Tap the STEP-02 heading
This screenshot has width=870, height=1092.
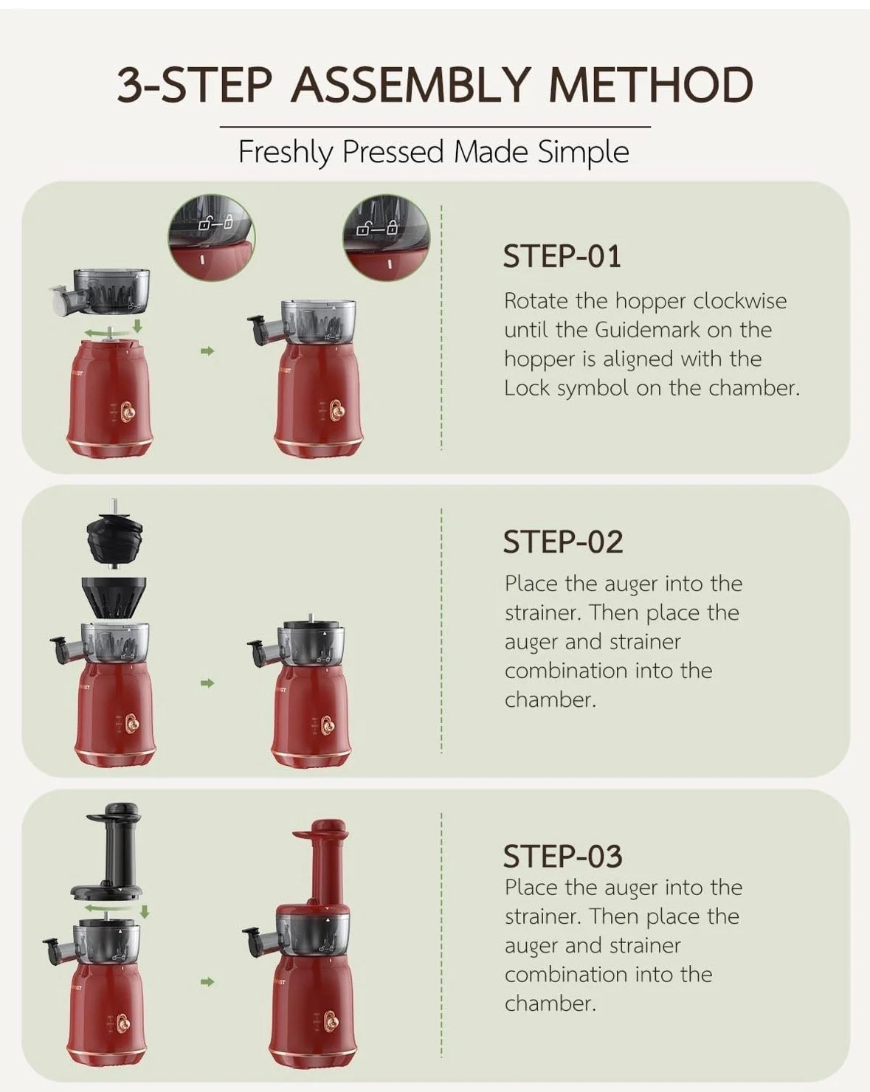[x=562, y=542]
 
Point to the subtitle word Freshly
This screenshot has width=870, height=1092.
[x=286, y=152]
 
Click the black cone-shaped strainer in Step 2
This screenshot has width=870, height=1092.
[x=114, y=597]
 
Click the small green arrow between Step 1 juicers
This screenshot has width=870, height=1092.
[x=207, y=350]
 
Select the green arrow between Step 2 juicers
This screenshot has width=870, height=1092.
[x=207, y=683]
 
